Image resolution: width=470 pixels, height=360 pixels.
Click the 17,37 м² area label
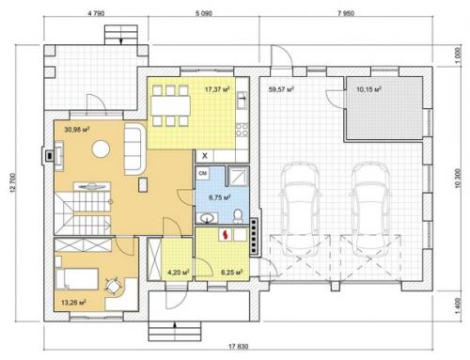click(x=217, y=89)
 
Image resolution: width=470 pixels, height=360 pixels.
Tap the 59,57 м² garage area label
click(x=281, y=89)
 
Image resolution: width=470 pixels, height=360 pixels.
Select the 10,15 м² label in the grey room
click(x=368, y=89)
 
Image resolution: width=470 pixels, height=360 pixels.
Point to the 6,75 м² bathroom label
click(x=220, y=197)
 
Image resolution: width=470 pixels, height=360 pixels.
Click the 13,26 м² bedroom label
click(x=73, y=303)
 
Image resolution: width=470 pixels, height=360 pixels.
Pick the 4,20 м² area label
click(x=179, y=273)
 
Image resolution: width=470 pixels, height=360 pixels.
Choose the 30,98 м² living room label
click(x=77, y=129)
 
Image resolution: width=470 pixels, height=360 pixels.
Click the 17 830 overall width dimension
click(x=238, y=347)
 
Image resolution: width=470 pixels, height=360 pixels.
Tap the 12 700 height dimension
click(x=12, y=182)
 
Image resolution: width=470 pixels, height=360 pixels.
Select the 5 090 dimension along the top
click(x=204, y=13)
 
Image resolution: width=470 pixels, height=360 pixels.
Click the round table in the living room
click(x=101, y=149)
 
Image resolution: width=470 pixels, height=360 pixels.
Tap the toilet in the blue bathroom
click(x=238, y=216)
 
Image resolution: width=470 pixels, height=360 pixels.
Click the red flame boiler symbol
click(x=226, y=234)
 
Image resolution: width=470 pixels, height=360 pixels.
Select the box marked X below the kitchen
click(x=205, y=156)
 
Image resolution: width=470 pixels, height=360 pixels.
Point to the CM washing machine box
click(x=203, y=173)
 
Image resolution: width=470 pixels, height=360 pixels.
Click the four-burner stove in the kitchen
click(x=242, y=130)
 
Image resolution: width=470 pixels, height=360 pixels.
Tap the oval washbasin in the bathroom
click(x=207, y=217)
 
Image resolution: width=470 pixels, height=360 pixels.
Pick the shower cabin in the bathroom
click(x=238, y=176)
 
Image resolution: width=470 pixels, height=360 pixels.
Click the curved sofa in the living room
click(x=135, y=149)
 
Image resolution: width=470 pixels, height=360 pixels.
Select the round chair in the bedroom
click(x=113, y=286)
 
